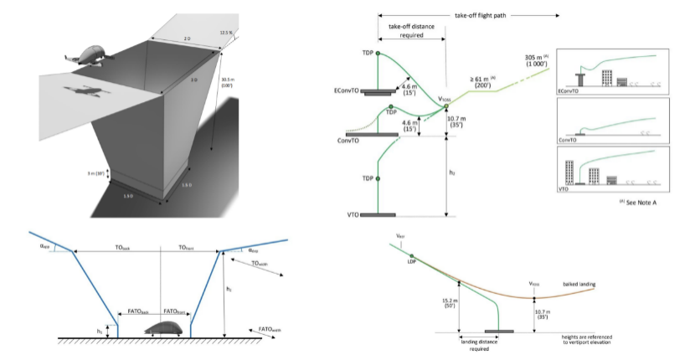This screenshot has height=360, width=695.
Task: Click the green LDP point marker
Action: coord(411,255)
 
